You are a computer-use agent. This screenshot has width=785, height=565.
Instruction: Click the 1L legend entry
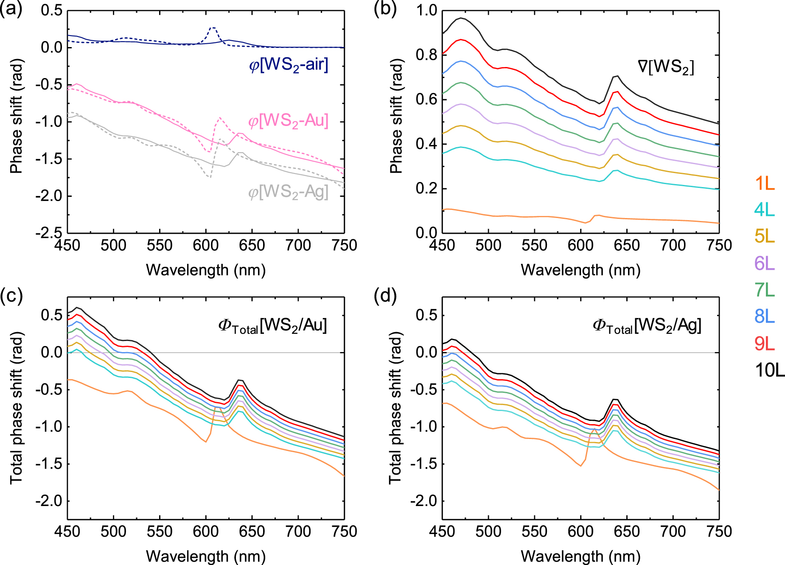[x=765, y=184]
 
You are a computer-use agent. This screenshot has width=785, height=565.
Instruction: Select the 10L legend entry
[x=769, y=370]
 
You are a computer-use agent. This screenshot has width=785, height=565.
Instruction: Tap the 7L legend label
[x=765, y=290]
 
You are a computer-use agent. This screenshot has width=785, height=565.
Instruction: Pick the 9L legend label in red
[x=765, y=344]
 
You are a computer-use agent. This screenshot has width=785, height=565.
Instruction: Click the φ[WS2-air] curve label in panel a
[x=289, y=65]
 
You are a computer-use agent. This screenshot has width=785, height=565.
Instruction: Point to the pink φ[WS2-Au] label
[x=289, y=121]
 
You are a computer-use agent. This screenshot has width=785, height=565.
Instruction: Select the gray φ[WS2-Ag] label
[x=289, y=192]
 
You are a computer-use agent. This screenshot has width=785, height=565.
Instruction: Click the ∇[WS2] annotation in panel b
[x=666, y=67]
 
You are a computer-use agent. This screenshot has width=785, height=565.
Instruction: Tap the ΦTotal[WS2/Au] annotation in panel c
[x=272, y=326]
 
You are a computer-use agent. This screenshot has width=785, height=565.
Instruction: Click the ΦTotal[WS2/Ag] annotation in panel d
[x=647, y=326]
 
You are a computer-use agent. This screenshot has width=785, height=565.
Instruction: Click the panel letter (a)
[x=11, y=8]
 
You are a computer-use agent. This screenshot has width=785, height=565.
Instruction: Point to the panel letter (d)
[x=385, y=295]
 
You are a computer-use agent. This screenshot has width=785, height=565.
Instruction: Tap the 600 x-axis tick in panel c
[x=206, y=531]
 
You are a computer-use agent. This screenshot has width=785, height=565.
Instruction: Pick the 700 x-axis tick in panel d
[x=673, y=531]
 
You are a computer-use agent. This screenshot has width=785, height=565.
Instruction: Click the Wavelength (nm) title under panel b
[x=580, y=270]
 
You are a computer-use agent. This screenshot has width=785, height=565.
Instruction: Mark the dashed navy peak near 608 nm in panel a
[x=213, y=28]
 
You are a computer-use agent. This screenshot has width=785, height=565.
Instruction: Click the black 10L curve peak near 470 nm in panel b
[x=461, y=18]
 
